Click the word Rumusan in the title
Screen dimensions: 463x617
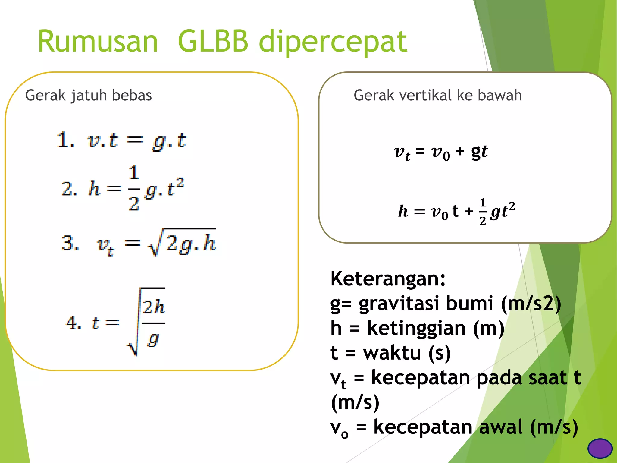[98, 42]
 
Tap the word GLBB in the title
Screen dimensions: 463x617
[213, 42]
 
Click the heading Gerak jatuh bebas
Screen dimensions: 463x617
[88, 95]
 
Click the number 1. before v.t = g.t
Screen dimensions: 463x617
[65, 140]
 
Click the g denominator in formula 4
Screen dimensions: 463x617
[153, 340]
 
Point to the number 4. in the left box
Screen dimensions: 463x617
[73, 323]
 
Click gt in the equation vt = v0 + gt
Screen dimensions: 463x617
[479, 152]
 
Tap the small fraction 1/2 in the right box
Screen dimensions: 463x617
[483, 212]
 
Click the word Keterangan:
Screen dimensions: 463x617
[388, 279]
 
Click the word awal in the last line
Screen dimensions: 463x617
[501, 427]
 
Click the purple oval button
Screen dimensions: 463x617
[600, 448]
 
